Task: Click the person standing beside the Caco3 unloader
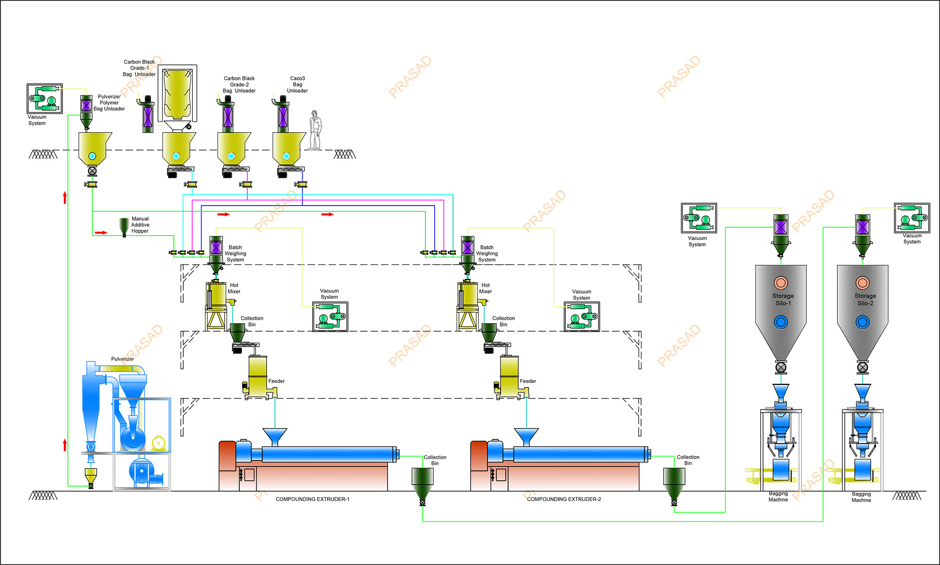(315, 130)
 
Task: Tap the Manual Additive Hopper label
(140, 225)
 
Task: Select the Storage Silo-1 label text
(783, 300)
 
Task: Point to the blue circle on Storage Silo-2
(862, 322)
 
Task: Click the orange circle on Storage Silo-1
(781, 283)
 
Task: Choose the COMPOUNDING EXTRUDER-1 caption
(313, 499)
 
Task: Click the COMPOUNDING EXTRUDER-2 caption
(564, 499)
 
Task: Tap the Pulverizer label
(122, 359)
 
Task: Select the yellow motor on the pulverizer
(158, 443)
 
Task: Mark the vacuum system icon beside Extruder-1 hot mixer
(330, 317)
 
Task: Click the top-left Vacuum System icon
(45, 99)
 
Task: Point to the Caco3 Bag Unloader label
(298, 85)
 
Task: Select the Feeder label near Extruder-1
(276, 381)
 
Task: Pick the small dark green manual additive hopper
(124, 226)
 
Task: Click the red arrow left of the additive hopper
(101, 232)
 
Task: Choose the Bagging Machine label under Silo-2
(861, 497)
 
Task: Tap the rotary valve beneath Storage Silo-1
(781, 367)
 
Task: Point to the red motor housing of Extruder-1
(227, 455)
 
